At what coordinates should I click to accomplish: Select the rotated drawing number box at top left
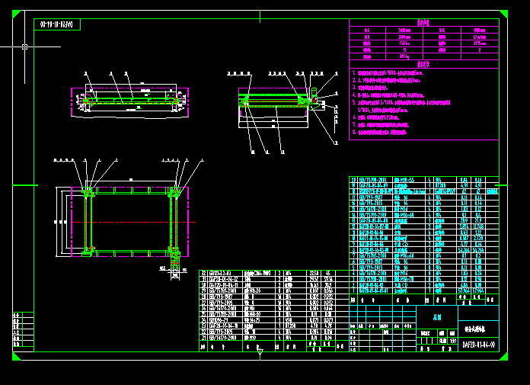(58, 25)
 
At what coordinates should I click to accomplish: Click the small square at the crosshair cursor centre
(25, 47)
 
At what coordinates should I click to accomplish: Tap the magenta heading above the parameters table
(423, 23)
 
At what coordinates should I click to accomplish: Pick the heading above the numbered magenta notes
(423, 64)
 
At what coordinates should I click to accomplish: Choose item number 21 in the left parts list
(203, 338)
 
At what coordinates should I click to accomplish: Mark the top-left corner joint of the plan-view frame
(88, 194)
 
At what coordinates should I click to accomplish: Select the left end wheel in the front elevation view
(88, 100)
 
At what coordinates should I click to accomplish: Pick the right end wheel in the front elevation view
(176, 100)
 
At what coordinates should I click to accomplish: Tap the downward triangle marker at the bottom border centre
(260, 353)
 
